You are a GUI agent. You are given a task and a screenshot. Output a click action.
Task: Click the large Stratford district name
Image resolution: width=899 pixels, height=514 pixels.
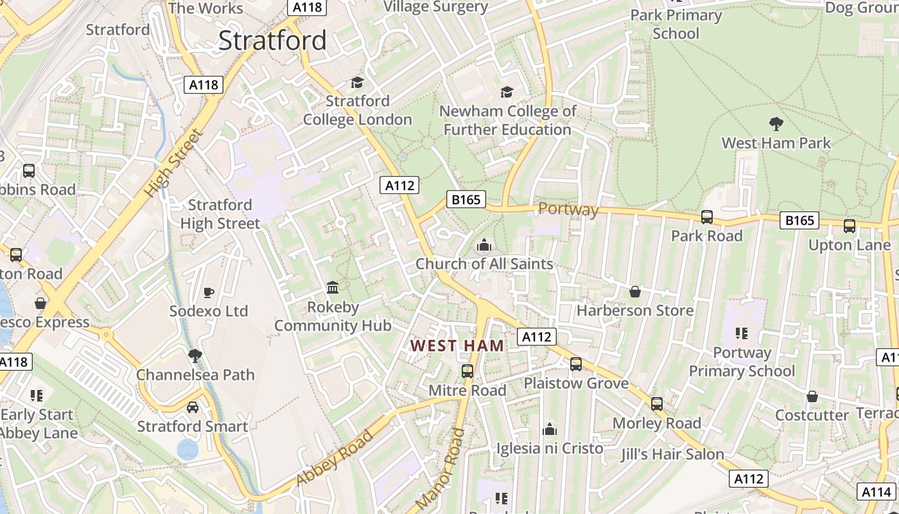click(x=272, y=40)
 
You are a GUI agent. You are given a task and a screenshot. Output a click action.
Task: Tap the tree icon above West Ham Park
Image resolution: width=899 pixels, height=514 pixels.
click(x=776, y=123)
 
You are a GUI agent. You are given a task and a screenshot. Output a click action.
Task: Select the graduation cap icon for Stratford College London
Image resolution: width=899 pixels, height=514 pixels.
click(x=357, y=83)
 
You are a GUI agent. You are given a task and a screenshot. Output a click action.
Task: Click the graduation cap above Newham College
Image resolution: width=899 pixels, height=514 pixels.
click(x=507, y=93)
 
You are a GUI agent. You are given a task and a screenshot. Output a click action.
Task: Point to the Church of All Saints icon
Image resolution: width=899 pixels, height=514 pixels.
click(x=484, y=245)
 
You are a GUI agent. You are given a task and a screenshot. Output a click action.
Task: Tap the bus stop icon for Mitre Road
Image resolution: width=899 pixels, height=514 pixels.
click(x=467, y=371)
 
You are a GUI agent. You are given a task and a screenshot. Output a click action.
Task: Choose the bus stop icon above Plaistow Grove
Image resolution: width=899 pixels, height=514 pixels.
click(x=576, y=364)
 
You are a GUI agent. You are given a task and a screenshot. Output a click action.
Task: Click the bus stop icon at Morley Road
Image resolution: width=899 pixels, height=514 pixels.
click(x=656, y=404)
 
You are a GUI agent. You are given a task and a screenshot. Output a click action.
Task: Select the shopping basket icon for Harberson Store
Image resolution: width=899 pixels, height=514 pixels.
click(x=635, y=292)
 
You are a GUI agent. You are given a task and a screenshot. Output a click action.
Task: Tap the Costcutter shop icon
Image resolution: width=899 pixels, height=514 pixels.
click(x=812, y=396)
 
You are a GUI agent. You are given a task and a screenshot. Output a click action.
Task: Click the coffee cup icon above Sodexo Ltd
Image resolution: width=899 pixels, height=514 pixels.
click(x=208, y=292)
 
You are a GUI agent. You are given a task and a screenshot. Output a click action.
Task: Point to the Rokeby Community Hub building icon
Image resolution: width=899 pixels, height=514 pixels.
click(x=333, y=287)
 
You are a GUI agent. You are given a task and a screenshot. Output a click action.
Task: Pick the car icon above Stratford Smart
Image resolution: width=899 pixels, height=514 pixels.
click(x=192, y=407)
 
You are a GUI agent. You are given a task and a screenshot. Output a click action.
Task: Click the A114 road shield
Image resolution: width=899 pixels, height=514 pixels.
click(x=876, y=492)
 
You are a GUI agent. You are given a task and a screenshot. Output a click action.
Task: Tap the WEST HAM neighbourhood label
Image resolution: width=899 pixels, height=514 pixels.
click(x=457, y=346)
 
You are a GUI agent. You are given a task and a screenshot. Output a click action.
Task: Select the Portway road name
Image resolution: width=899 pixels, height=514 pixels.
click(x=568, y=209)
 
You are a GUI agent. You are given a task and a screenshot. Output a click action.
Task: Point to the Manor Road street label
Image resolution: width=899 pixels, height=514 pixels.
click(x=440, y=470)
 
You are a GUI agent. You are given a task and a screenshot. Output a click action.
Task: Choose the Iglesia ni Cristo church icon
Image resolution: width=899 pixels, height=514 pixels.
click(x=550, y=429)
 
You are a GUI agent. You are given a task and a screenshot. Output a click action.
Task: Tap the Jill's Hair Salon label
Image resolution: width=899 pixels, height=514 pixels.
click(x=672, y=454)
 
